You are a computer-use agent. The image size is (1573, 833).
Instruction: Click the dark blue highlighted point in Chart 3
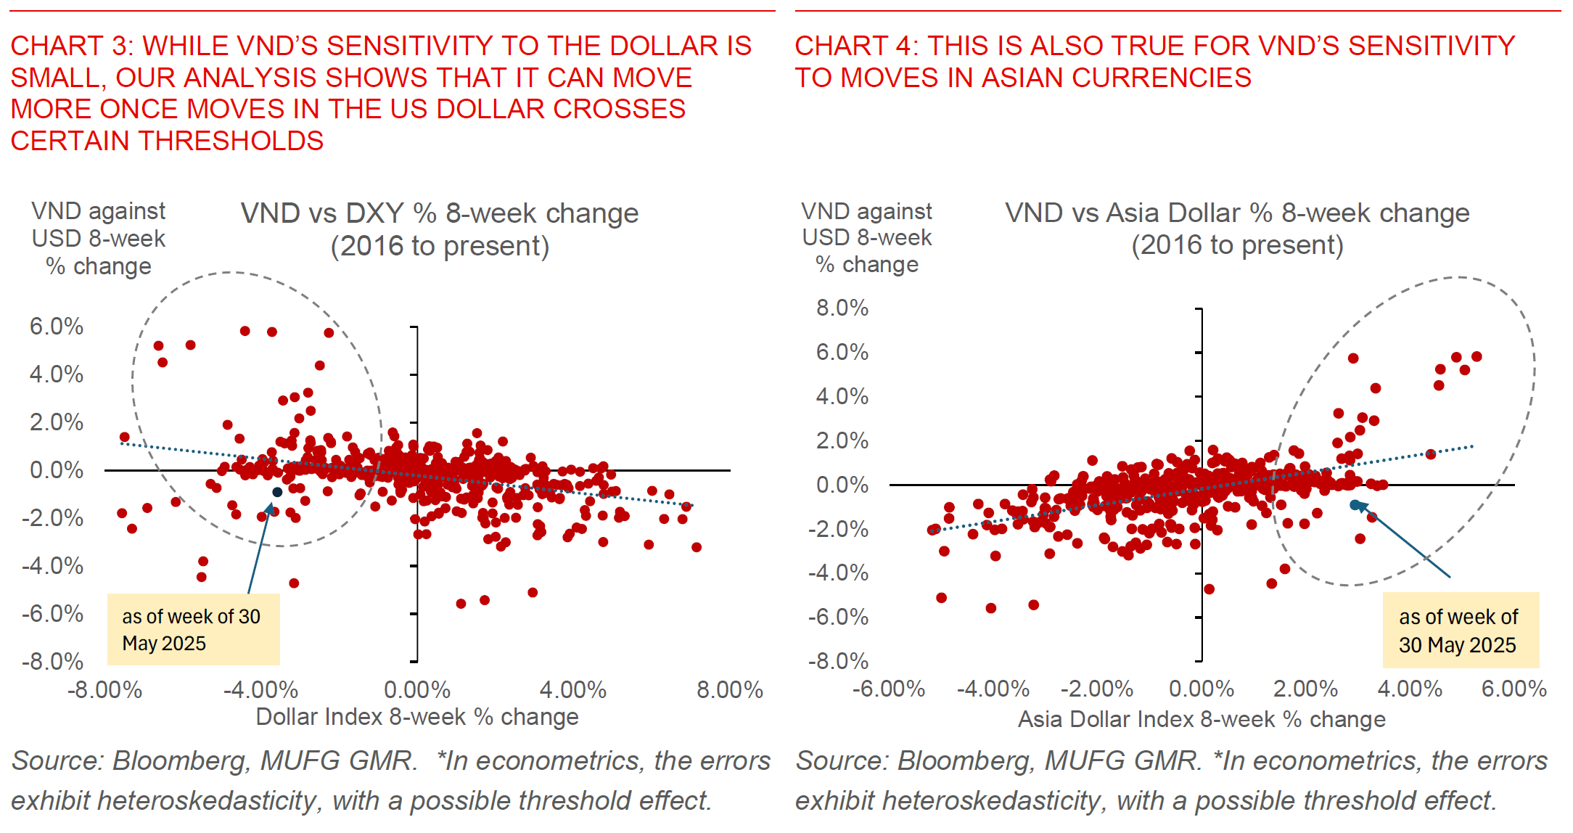pyautogui.click(x=277, y=492)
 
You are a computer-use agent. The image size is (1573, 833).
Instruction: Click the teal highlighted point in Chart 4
pyautogui.click(x=1355, y=504)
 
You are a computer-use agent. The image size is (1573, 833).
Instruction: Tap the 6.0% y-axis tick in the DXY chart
pyautogui.click(x=57, y=327)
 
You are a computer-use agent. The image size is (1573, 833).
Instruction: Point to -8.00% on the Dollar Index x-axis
pyautogui.click(x=105, y=689)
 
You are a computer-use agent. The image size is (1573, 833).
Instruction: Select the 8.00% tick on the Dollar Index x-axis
pyautogui.click(x=730, y=689)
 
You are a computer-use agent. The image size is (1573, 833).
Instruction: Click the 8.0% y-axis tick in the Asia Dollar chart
pyautogui.click(x=842, y=308)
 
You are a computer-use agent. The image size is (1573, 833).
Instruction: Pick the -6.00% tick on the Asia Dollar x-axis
pyautogui.click(x=889, y=688)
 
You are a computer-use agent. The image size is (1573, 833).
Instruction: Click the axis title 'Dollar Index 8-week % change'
pyautogui.click(x=417, y=717)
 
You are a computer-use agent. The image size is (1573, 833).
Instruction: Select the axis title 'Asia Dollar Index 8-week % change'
pyautogui.click(x=1202, y=719)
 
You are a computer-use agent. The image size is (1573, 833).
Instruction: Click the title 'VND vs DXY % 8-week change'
pyautogui.click(x=440, y=214)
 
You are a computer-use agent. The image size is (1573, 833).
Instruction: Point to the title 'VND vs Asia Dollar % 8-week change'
pyautogui.click(x=1237, y=213)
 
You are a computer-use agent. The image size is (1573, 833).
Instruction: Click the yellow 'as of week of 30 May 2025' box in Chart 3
pyautogui.click(x=193, y=630)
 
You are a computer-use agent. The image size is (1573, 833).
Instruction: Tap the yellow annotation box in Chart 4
pyautogui.click(x=1460, y=630)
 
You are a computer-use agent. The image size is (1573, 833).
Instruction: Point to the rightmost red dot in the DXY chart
pyautogui.click(x=697, y=547)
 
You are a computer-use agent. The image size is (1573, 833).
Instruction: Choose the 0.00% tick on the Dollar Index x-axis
pyautogui.click(x=417, y=689)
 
